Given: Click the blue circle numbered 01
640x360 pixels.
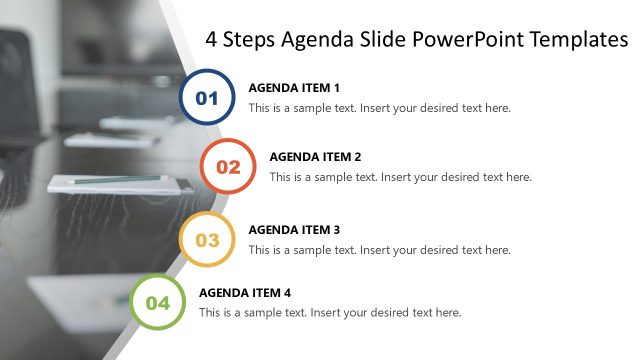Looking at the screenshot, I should pos(207,97).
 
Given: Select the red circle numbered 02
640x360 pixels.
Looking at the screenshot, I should pos(228,166).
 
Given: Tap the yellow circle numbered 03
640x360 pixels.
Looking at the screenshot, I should pos(207,239).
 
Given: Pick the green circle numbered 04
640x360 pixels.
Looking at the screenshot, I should pos(158,302).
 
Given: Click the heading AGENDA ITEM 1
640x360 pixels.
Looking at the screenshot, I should pos(294,87).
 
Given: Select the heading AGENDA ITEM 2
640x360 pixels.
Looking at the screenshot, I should pos(315,157).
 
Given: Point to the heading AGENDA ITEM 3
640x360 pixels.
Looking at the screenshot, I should pos(294,229).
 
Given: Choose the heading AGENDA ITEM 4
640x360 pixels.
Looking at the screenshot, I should pos(245,293).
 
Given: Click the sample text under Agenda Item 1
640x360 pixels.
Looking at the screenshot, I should pos(380,108).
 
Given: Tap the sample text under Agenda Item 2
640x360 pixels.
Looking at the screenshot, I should pos(401,177).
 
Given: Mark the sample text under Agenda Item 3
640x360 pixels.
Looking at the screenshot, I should pos(380,250).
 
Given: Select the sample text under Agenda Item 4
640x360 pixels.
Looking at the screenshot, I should pos(331,313).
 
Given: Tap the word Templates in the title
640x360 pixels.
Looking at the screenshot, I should pos(581,40).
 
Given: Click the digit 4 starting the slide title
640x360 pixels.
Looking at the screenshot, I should pos(211,40).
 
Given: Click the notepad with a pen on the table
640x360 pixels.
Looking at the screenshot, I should pos(120,183).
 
